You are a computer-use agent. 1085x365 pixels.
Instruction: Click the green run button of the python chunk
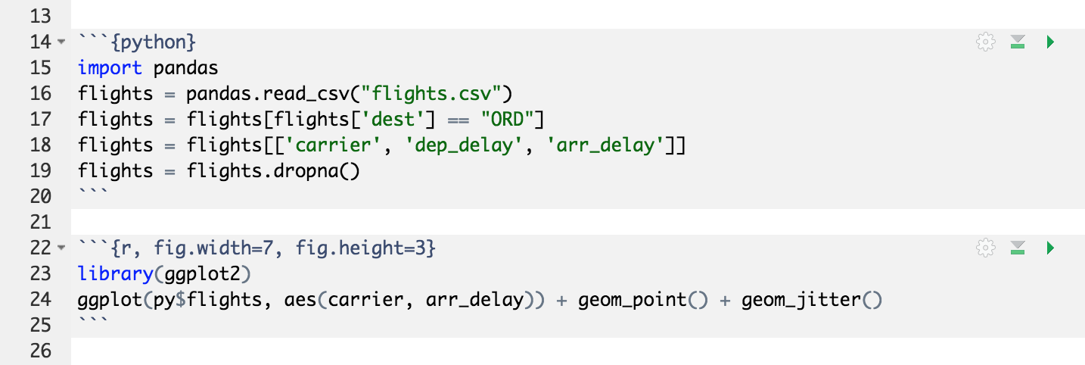(x=1050, y=42)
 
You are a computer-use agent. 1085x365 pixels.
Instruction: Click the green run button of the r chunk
(x=1050, y=248)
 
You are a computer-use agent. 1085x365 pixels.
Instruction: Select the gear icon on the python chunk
(x=985, y=42)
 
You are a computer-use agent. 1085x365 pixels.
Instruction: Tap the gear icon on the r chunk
(x=985, y=248)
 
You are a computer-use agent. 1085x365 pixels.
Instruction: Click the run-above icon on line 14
(x=1018, y=42)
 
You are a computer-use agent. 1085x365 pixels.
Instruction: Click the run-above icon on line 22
(x=1018, y=248)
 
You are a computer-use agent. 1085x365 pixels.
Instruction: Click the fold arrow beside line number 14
(x=61, y=42)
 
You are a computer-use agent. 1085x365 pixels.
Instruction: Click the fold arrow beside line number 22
(x=61, y=248)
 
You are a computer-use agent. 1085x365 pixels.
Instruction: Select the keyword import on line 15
(x=110, y=68)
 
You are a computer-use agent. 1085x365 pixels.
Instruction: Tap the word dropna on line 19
(x=312, y=171)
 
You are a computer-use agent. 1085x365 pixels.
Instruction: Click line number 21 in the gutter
(x=41, y=223)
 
